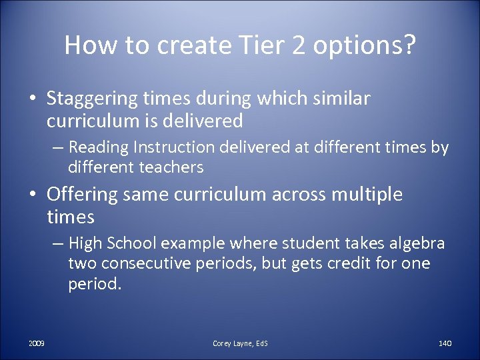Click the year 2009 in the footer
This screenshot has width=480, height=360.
click(x=37, y=343)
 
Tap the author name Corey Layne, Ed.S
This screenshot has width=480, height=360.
click(x=240, y=343)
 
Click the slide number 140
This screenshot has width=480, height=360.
click(x=445, y=343)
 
